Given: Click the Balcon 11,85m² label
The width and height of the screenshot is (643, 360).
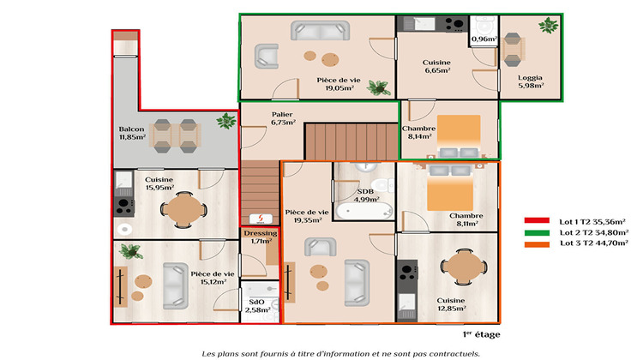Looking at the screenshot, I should (x=132, y=132).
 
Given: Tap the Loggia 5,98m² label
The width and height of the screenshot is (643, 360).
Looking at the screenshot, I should (x=529, y=82).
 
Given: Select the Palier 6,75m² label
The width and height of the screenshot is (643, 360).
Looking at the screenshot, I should (x=283, y=118).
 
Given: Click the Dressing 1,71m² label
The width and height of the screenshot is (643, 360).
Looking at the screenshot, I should (x=260, y=237).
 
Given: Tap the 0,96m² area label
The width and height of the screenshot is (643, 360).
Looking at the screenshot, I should (x=484, y=39).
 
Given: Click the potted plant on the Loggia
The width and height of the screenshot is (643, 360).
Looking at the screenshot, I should (x=548, y=26).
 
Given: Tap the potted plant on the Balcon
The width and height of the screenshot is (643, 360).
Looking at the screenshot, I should (x=226, y=121).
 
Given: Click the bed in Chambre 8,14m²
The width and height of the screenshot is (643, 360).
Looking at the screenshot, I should (x=460, y=133).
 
